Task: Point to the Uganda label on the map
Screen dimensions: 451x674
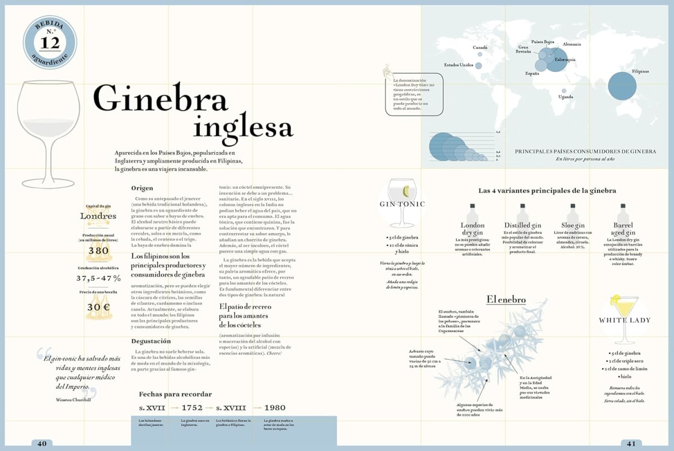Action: tap(566, 97)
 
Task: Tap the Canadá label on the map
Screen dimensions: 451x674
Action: tap(480, 47)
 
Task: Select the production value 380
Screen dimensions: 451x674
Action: tap(99, 250)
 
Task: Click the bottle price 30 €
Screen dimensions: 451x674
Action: tap(99, 307)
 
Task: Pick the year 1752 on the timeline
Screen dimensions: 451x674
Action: tap(193, 408)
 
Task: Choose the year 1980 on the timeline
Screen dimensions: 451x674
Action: tap(275, 408)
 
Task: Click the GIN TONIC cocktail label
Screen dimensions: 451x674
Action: tap(403, 204)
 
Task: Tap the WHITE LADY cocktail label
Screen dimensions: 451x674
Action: tap(625, 320)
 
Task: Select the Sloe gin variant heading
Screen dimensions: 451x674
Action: tap(573, 225)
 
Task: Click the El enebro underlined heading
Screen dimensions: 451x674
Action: tap(506, 299)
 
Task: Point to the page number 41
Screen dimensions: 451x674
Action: tap(631, 443)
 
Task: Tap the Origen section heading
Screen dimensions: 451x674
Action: tap(143, 188)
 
